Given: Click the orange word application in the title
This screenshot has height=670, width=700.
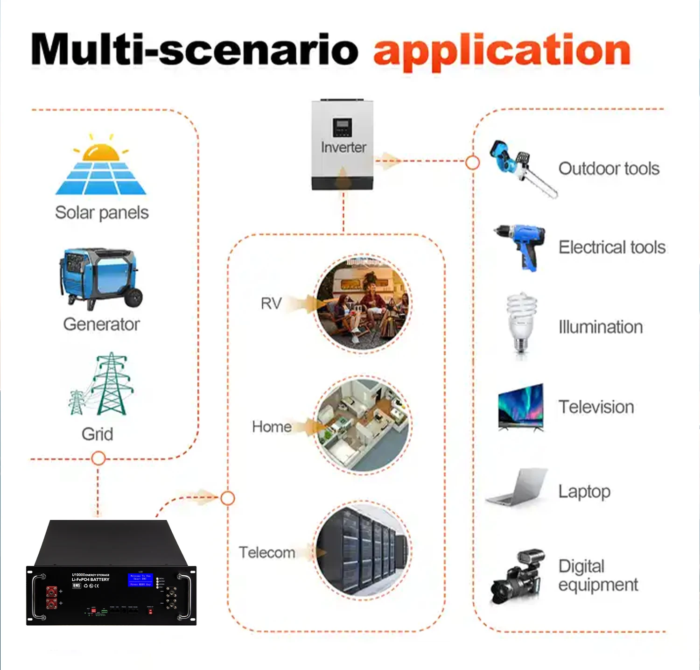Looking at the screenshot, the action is (x=502, y=51).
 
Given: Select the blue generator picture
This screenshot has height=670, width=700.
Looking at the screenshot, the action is (x=100, y=278).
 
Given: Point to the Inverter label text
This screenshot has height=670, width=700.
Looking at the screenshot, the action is (x=343, y=148).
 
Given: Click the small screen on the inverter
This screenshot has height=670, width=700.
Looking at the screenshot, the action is (x=343, y=127).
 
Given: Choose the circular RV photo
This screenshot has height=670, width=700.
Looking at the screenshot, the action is (x=363, y=303).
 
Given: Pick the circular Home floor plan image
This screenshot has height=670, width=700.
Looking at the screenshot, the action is (x=363, y=425).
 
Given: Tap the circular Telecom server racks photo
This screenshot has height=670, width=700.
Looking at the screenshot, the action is (x=363, y=550).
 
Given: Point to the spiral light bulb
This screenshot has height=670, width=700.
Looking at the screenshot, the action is (x=521, y=322).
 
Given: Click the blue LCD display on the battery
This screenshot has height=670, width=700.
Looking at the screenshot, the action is (x=140, y=579).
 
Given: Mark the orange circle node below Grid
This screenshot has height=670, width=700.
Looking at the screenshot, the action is (x=98, y=458).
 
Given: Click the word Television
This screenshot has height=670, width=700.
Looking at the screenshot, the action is (x=596, y=407).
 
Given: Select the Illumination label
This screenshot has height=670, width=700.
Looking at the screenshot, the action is (x=601, y=327).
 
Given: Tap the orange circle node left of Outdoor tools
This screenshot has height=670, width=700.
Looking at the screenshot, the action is (x=473, y=162).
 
